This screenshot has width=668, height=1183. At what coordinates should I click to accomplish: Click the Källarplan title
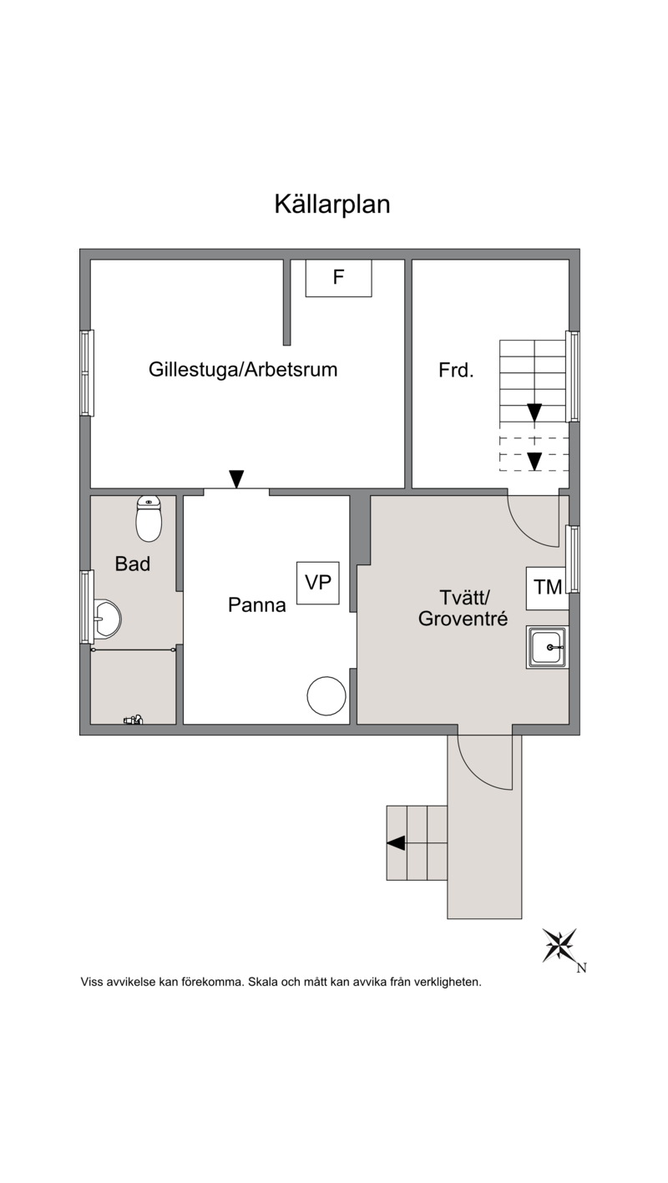(332, 204)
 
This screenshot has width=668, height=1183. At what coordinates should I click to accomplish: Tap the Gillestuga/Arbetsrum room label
(243, 370)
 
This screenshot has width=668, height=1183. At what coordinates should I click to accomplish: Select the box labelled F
(338, 278)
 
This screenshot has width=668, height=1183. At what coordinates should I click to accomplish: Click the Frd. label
(456, 370)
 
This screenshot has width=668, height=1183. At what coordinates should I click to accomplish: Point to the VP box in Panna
(318, 583)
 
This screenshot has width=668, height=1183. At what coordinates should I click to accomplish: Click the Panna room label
(256, 604)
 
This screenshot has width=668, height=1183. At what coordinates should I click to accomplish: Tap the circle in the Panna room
(326, 696)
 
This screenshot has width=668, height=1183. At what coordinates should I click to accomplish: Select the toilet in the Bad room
(149, 518)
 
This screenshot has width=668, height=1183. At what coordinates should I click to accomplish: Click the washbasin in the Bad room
(107, 619)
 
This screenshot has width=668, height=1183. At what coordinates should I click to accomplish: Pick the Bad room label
(133, 564)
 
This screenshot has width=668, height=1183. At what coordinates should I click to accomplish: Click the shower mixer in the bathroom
(133, 719)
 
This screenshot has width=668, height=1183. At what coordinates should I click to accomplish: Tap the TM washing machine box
(548, 588)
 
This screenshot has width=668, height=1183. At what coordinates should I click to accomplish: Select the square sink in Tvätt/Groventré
(547, 648)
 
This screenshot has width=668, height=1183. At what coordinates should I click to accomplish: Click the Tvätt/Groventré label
(463, 608)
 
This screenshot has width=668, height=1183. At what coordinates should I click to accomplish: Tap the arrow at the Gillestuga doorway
(236, 478)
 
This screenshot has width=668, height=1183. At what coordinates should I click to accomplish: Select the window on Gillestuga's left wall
(87, 373)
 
